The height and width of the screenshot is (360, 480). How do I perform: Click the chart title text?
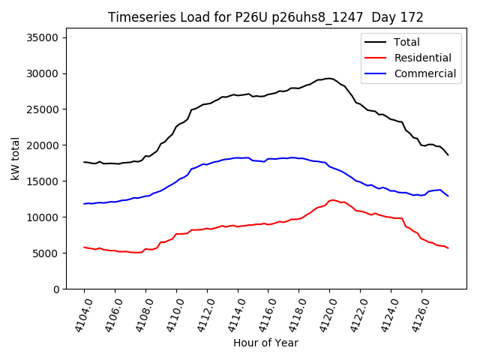(x=265, y=17)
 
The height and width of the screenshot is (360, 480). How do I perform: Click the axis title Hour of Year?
(x=265, y=343)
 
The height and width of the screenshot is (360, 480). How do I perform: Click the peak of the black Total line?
(x=329, y=78)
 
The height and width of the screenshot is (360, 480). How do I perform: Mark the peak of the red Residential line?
(x=332, y=200)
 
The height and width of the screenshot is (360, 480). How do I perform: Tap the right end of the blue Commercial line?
(x=448, y=196)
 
